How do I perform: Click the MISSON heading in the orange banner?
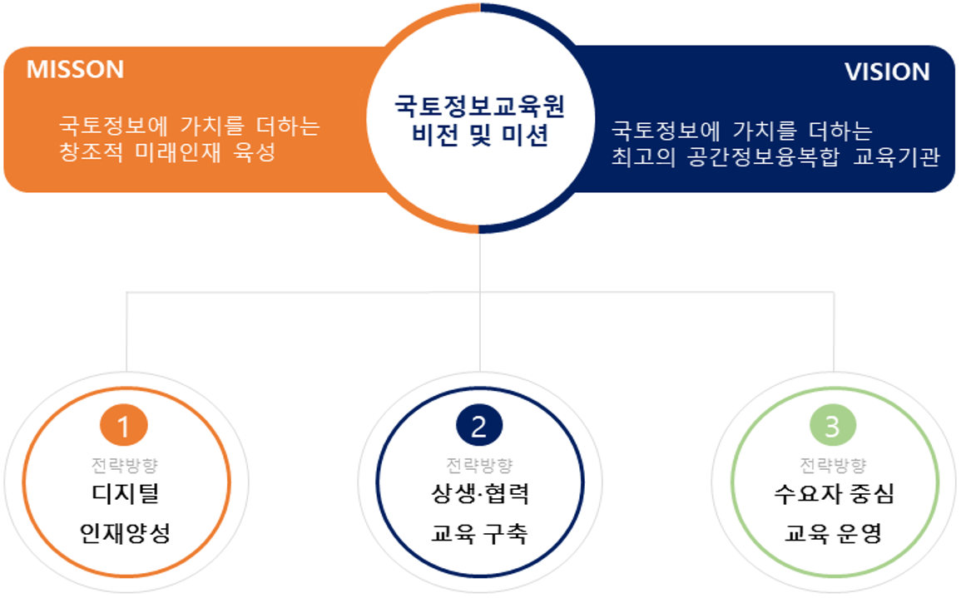pyautogui.click(x=75, y=69)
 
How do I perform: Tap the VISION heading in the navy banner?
pyautogui.click(x=887, y=72)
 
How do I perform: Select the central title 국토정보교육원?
pyautogui.click(x=479, y=106)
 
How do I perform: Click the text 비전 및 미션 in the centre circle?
pyautogui.click(x=479, y=135)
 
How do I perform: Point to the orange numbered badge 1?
pyautogui.click(x=124, y=425)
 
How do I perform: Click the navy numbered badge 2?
pyautogui.click(x=479, y=425)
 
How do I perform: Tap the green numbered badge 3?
pyautogui.click(x=832, y=425)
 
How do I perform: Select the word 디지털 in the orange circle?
pyautogui.click(x=126, y=493)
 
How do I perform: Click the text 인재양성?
pyautogui.click(x=125, y=533)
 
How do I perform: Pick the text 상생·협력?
pyautogui.click(x=479, y=493)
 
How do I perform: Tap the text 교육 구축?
pyautogui.click(x=478, y=533)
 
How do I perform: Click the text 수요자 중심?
pyautogui.click(x=834, y=493)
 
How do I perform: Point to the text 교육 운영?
pyautogui.click(x=833, y=533)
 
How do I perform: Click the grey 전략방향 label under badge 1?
pyautogui.click(x=125, y=465)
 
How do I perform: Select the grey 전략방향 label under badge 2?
pyautogui.click(x=479, y=465)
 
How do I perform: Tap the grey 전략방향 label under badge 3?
pyautogui.click(x=833, y=465)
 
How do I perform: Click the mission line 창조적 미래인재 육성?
pyautogui.click(x=167, y=152)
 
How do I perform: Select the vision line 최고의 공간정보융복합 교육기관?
pyautogui.click(x=776, y=156)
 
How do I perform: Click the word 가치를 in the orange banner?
pyautogui.click(x=213, y=126)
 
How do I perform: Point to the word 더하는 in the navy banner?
pyautogui.click(x=840, y=131)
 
